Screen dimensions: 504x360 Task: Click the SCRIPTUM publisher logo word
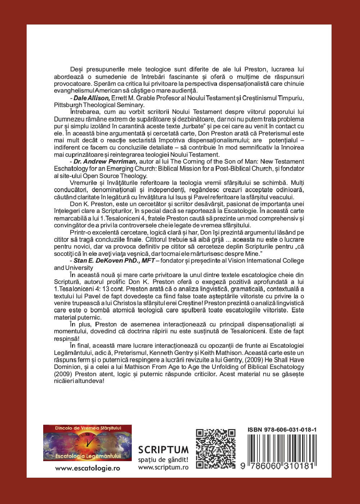pyautogui.click(x=163, y=449)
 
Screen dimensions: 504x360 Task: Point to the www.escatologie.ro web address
pyautogui.click(x=87, y=468)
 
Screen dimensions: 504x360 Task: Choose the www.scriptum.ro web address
pyautogui.click(x=163, y=467)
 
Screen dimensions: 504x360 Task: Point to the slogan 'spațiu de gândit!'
pyautogui.click(x=163, y=459)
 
